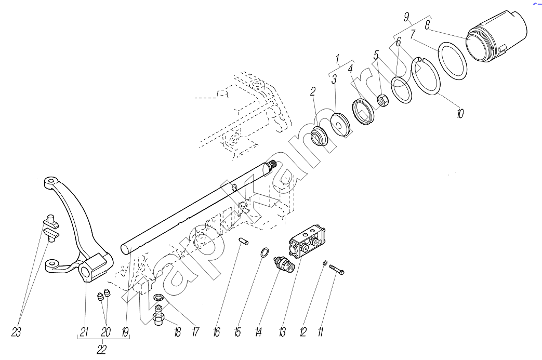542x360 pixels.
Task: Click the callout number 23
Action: click(16, 332)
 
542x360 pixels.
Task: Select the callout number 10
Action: click(459, 114)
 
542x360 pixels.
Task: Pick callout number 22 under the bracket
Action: click(102, 349)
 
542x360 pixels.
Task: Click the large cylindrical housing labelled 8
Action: click(498, 38)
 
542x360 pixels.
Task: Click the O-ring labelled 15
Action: click(265, 253)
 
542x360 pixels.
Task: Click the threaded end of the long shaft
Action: click(271, 166)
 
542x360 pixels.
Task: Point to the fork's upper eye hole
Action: click(49, 182)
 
